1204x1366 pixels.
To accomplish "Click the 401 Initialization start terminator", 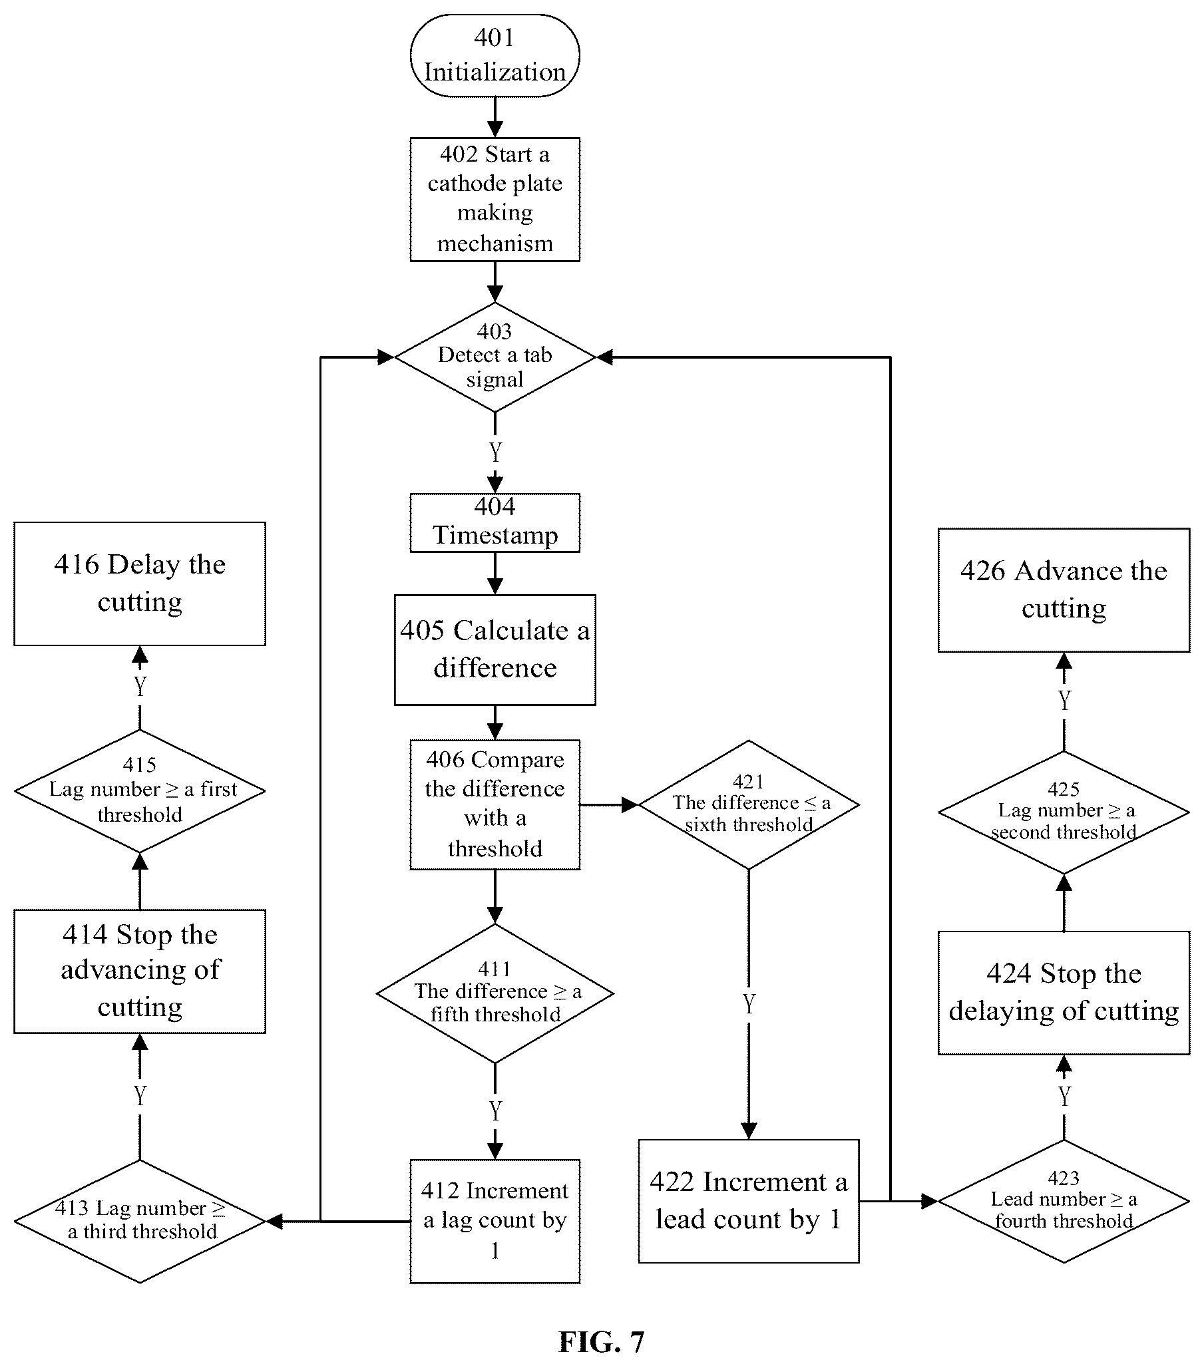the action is [495, 55].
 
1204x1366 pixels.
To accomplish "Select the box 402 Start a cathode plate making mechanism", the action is [495, 199].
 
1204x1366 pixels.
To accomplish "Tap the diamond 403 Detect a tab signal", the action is [495, 357].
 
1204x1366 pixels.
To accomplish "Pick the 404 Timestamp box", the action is [495, 522].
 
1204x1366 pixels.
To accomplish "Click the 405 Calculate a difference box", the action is [495, 649].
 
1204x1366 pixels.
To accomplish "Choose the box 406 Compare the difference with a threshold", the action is [495, 804].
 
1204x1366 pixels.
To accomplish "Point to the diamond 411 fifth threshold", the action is [495, 993].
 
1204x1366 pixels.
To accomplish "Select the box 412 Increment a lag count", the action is [495, 1221].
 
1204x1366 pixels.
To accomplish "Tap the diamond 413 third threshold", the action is [140, 1221].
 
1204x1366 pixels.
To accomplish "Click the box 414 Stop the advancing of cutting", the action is [140, 971].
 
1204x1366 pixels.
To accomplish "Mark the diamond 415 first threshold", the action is [140, 790].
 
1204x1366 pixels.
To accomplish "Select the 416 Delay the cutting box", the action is [140, 584].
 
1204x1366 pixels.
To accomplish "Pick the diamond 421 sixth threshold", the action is [749, 804].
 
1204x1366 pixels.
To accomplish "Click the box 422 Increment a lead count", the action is [749, 1201].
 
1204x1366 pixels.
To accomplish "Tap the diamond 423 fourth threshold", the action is [1064, 1201].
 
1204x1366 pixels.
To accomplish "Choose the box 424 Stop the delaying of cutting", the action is [1064, 993].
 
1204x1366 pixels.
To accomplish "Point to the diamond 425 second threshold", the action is [1064, 812].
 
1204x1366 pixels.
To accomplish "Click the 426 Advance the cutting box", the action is [1064, 590].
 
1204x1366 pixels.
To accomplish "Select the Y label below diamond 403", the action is [495, 452].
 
